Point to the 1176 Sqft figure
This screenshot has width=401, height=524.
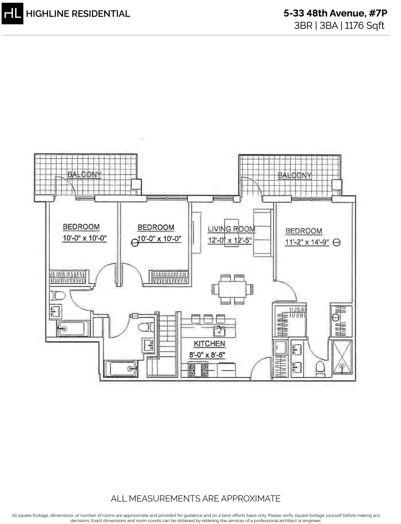(x=365, y=26)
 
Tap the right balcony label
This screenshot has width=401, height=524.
(x=295, y=175)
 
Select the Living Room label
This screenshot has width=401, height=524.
(x=231, y=229)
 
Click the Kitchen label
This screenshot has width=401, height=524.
(x=209, y=344)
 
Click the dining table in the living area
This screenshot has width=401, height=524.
(x=233, y=289)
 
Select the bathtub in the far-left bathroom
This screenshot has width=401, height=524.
(x=73, y=329)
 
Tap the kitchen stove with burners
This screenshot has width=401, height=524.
(x=198, y=370)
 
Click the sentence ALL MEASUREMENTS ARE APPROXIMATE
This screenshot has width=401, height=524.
(x=195, y=499)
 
